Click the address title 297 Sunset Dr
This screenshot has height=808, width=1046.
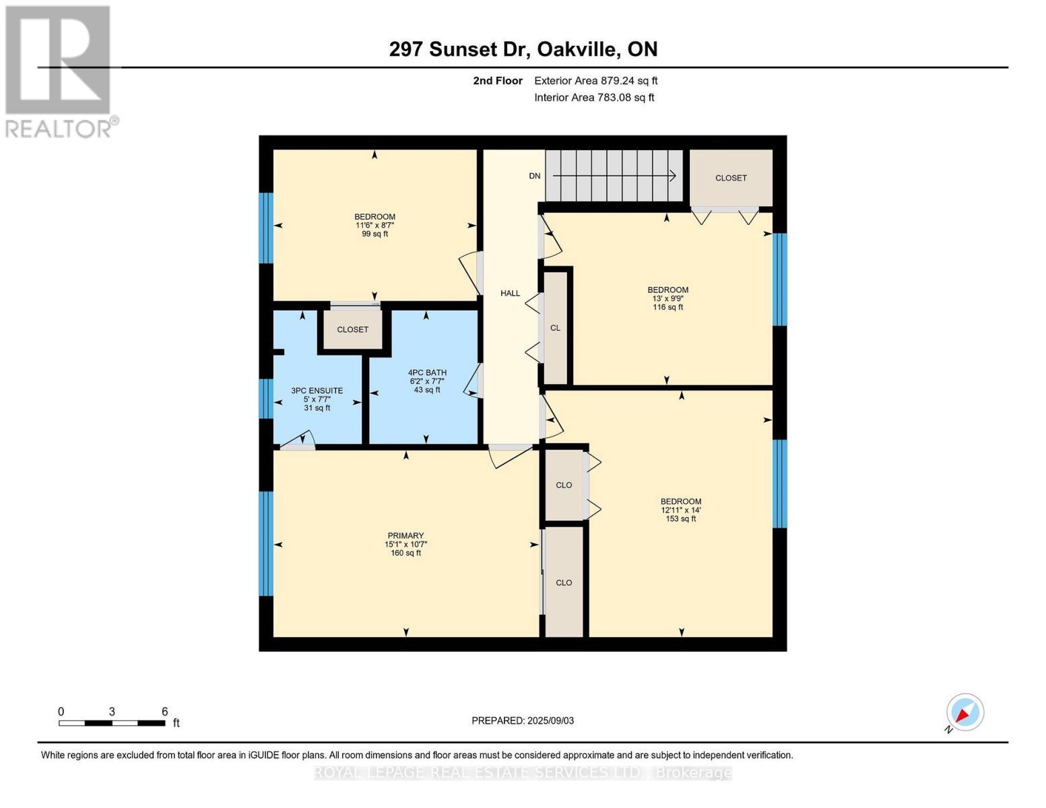click(523, 49)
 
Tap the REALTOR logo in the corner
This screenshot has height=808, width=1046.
click(59, 71)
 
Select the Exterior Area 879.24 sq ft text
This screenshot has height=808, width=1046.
click(595, 81)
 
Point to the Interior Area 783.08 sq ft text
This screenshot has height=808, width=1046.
click(594, 98)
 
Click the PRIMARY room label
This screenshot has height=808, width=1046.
click(405, 536)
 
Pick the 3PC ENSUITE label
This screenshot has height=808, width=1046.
click(317, 391)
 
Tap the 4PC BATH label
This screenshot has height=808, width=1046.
click(427, 373)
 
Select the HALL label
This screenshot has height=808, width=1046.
click(510, 294)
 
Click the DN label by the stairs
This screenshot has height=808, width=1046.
click(534, 176)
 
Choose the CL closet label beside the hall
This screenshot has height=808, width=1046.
click(555, 329)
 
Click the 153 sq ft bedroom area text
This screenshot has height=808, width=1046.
click(680, 519)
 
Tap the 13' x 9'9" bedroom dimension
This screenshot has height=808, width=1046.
click(667, 299)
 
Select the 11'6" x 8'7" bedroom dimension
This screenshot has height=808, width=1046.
click(374, 226)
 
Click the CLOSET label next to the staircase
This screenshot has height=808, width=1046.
click(731, 178)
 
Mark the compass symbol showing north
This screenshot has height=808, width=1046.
click(965, 712)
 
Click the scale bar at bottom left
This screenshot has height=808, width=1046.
click(112, 723)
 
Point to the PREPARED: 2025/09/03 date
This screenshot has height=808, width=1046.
click(523, 721)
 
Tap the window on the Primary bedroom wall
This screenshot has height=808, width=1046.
click(267, 543)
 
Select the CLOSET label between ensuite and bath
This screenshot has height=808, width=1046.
click(352, 330)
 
